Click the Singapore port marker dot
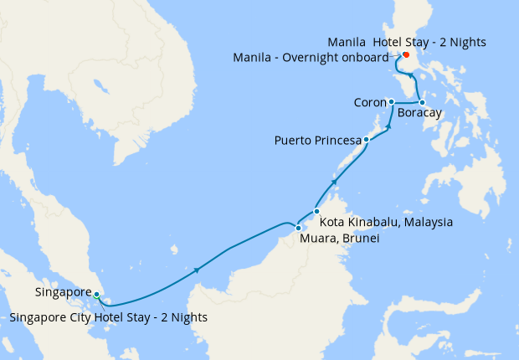pyautogui.click(x=97, y=295)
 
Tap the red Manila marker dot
pyautogui.click(x=405, y=55)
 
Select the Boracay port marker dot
pyautogui.click(x=422, y=102)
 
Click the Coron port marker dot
pyautogui.click(x=391, y=101)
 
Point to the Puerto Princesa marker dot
pyautogui.click(x=367, y=140)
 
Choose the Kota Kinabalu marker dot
pyautogui.click(x=316, y=211)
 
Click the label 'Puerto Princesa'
pyautogui.click(x=317, y=140)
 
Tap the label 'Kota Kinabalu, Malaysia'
pyautogui.click(x=387, y=223)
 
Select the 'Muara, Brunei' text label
pyautogui.click(x=340, y=239)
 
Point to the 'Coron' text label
pyautogui.click(x=369, y=102)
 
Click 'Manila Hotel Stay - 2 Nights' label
pyautogui.click(x=407, y=41)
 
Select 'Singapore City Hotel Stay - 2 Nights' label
pyautogui.click(x=109, y=317)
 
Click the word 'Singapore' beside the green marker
pyautogui.click(x=64, y=292)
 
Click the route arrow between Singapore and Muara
pyautogui.click(x=198, y=269)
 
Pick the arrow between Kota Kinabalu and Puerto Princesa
pyautogui.click(x=335, y=180)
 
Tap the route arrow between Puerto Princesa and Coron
pyautogui.click(x=388, y=126)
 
